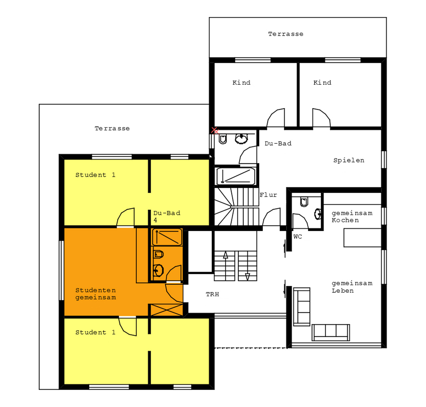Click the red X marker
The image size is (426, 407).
(x=215, y=131)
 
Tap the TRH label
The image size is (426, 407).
(x=212, y=294)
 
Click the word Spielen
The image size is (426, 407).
(x=349, y=160)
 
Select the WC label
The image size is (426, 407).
(x=298, y=236)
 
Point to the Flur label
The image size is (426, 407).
(x=268, y=195)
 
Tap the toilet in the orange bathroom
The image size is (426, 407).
(x=158, y=254)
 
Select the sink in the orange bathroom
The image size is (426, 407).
(x=158, y=270)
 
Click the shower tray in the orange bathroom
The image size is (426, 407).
(x=167, y=237)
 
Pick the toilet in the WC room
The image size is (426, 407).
(x=304, y=202)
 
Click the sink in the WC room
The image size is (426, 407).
(x=318, y=214)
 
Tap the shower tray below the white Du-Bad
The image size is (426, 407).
(x=236, y=176)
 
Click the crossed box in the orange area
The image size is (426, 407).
(x=167, y=310)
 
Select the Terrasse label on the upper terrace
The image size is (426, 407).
(x=286, y=34)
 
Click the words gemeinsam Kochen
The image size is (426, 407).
(x=352, y=216)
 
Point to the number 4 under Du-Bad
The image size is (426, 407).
(x=155, y=220)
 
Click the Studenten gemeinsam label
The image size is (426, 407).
(x=96, y=294)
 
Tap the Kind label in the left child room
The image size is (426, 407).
(x=241, y=83)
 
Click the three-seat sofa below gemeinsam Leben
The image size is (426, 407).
(x=330, y=333)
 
